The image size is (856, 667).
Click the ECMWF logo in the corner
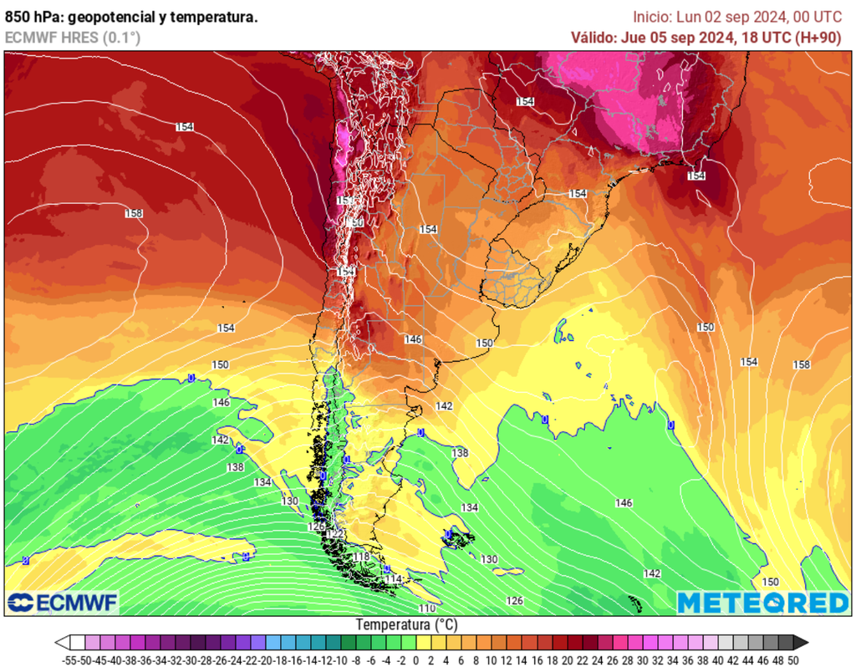pyautogui.click(x=63, y=602)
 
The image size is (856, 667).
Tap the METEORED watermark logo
pyautogui.click(x=762, y=603)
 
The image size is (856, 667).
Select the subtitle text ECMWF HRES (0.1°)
pyautogui.click(x=73, y=38)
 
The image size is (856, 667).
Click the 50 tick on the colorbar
pyautogui.click(x=793, y=659)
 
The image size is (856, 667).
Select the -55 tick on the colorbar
pyautogui.click(x=70, y=659)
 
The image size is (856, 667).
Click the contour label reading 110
pyautogui.click(x=426, y=608)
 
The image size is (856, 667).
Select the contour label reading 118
pyautogui.click(x=361, y=557)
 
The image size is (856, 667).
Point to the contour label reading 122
pyautogui.click(x=335, y=533)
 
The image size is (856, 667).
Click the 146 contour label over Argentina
pyautogui.click(x=413, y=339)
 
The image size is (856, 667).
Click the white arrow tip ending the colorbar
pyautogui.click(x=61, y=642)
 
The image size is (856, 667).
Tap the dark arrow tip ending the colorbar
pyautogui.click(x=801, y=642)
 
